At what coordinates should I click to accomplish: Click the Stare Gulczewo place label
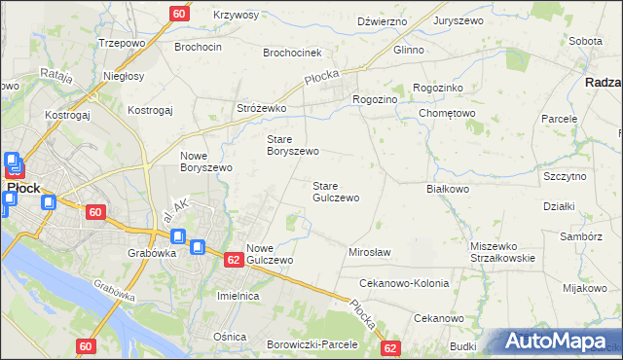(x=335, y=191)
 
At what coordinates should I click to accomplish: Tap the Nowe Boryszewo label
(x=205, y=161)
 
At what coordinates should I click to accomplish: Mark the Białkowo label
(x=448, y=189)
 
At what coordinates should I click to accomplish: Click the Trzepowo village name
(x=122, y=44)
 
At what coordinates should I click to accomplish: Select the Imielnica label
(x=238, y=295)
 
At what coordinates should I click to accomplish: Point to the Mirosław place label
(x=369, y=252)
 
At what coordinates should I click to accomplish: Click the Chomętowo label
(x=446, y=113)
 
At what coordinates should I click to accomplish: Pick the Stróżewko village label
(x=261, y=108)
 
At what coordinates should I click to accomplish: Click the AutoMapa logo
(x=558, y=342)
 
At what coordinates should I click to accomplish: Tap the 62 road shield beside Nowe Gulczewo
(x=233, y=260)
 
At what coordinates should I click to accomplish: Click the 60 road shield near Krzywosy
(x=178, y=14)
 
